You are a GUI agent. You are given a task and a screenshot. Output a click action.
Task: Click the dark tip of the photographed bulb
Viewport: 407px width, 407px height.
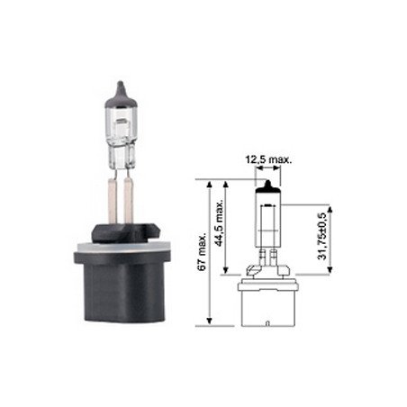click(121, 95)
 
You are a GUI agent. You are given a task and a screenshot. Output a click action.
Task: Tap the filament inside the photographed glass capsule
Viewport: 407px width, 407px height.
click(121, 122)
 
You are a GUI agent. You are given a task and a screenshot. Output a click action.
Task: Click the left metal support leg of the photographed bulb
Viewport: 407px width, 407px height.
click(112, 201)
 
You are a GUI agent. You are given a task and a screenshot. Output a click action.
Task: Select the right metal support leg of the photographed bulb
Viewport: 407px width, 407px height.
click(128, 201)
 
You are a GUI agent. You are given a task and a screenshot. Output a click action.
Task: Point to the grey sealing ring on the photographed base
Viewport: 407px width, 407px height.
click(120, 248)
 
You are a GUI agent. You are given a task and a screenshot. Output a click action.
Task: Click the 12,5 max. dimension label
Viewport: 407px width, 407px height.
click(268, 159)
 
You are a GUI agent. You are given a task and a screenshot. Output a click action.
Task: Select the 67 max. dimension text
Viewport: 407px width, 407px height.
click(202, 251)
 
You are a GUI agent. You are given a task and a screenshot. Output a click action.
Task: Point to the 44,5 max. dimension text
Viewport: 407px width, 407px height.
click(220, 222)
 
